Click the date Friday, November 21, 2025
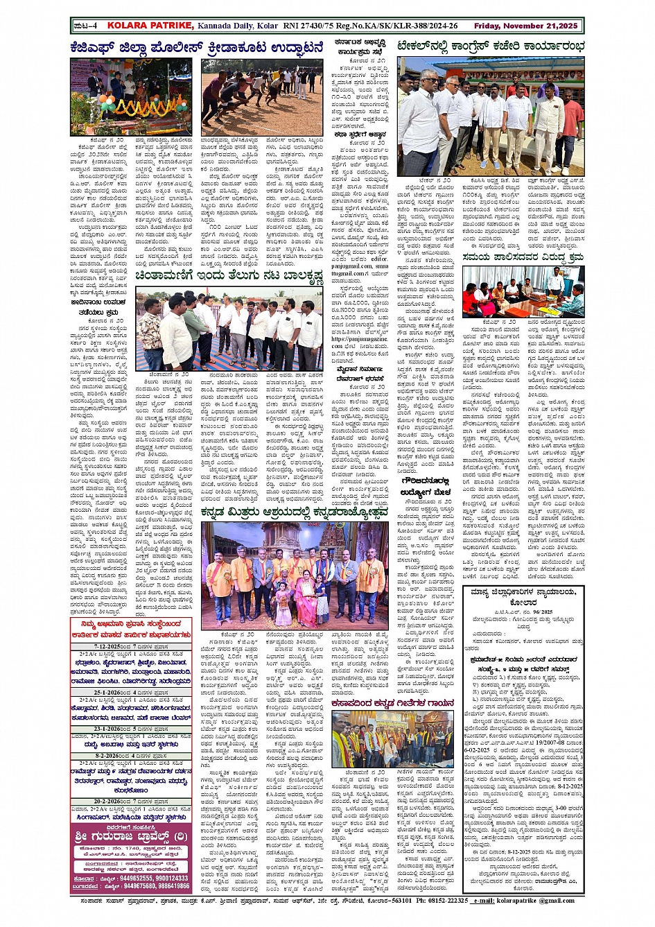pyautogui.click(x=525, y=26)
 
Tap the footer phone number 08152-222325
pyautogui.click(x=446, y=901)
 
